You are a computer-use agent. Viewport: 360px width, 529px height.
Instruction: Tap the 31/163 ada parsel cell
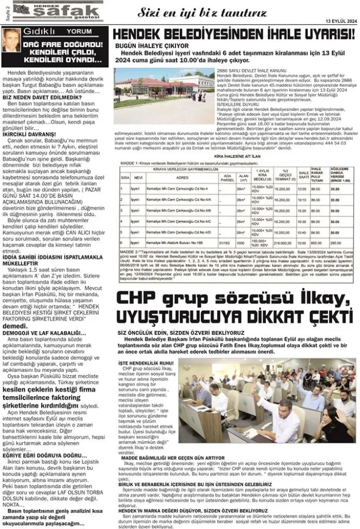click(228, 243)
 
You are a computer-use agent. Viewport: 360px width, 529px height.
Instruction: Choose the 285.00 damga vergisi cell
click(335, 243)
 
